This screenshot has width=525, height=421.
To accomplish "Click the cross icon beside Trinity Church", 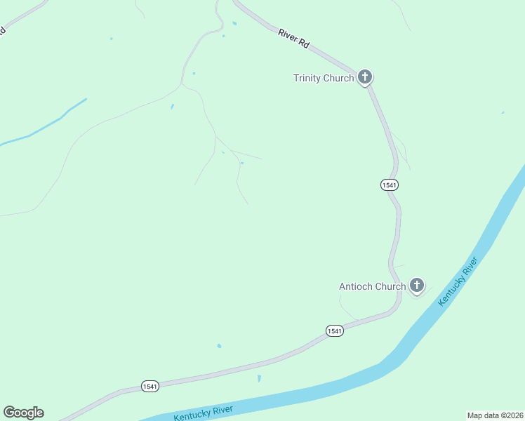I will pyautogui.click(x=364, y=77).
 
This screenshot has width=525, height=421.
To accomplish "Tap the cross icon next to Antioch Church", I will pyautogui.click(x=417, y=285).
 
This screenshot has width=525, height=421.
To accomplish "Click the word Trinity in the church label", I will pyautogui.click(x=307, y=78).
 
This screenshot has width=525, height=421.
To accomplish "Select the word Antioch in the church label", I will pyautogui.click(x=356, y=286).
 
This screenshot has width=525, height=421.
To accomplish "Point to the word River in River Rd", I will pyautogui.click(x=288, y=35).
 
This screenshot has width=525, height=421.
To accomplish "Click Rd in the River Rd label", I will pyautogui.click(x=304, y=44).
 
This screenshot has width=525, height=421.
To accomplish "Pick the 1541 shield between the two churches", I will pyautogui.click(x=390, y=185).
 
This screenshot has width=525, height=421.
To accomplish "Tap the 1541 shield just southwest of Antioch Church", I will pyautogui.click(x=334, y=330).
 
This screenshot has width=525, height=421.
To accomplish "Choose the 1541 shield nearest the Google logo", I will pyautogui.click(x=149, y=387).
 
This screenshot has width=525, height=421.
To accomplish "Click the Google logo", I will pyautogui.click(x=23, y=413).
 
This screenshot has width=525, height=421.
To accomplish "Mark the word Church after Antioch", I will pyautogui.click(x=390, y=286).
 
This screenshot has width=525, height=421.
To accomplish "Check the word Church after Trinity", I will pyautogui.click(x=338, y=78).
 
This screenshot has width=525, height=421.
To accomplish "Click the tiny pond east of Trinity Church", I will pyautogui.click(x=503, y=112).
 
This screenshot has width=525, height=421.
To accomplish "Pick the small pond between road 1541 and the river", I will pyautogui.click(x=259, y=379).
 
